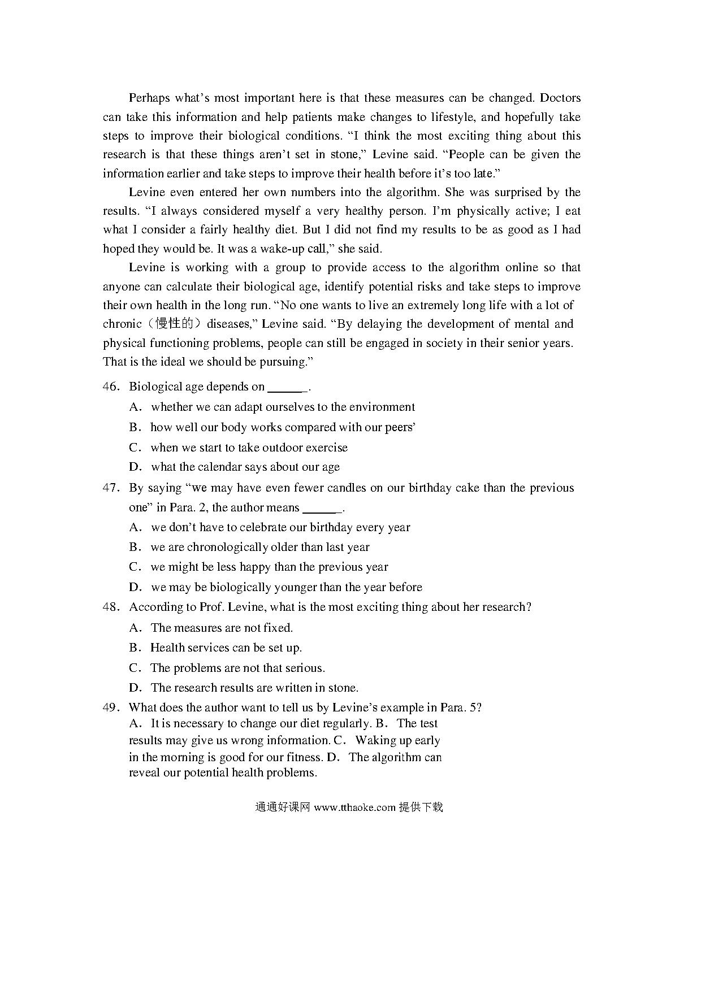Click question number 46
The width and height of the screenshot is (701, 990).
click(110, 387)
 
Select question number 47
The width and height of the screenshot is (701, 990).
click(110, 488)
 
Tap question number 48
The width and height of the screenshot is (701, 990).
click(110, 607)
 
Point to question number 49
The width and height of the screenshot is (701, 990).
click(110, 707)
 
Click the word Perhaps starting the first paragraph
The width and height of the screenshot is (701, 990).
click(149, 98)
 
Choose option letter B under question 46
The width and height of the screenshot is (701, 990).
click(134, 428)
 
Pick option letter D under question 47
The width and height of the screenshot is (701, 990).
click(134, 588)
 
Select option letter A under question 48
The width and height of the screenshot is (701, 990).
click(134, 628)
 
